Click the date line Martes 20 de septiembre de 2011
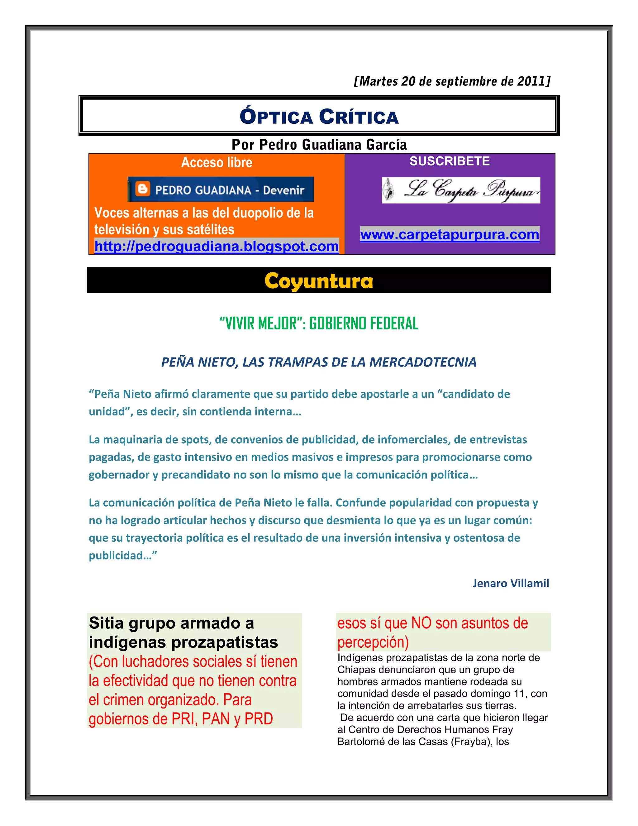point(452,81)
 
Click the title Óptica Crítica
point(319,117)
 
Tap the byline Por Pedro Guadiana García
point(319,145)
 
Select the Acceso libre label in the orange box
point(217,163)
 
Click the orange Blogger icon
point(142,189)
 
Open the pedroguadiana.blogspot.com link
point(217,246)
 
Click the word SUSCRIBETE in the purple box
point(450,161)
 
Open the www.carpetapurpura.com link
point(450,234)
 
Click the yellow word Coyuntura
point(319,281)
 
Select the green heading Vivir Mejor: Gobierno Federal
point(319,323)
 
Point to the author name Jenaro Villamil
point(510,583)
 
